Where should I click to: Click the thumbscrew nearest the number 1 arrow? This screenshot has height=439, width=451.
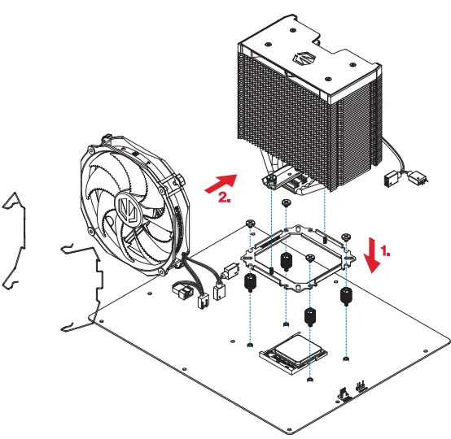[x=347, y=237]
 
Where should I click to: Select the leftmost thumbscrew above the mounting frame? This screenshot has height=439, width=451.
[x=248, y=224]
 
